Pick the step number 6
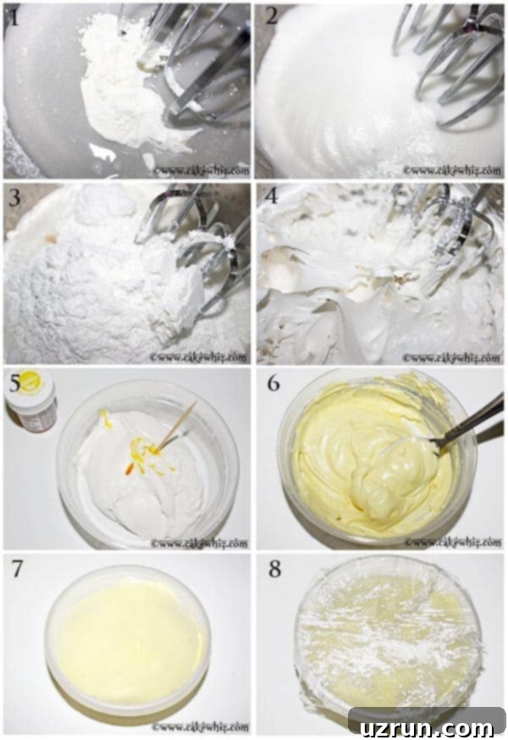pyautogui.click(x=273, y=384)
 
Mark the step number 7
pyautogui.click(x=17, y=568)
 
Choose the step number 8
pyautogui.click(x=273, y=568)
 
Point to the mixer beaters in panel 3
pyautogui.click(x=203, y=246)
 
